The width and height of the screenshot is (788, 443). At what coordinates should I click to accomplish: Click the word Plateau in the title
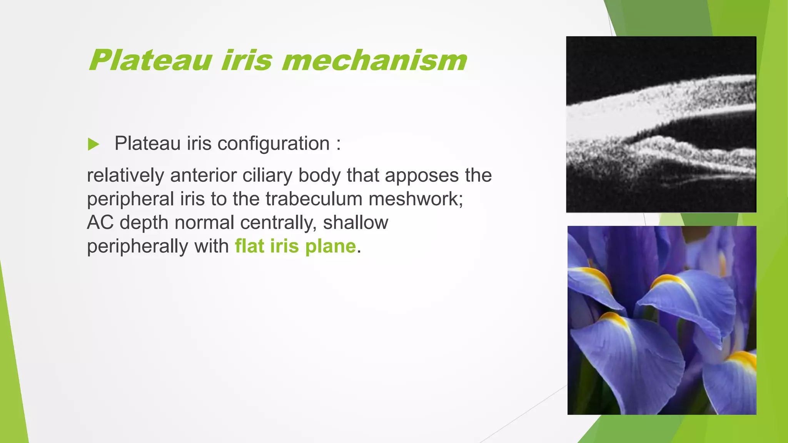click(150, 60)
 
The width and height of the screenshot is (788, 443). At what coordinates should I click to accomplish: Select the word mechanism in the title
click(374, 60)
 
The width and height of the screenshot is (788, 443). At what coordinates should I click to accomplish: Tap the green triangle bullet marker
click(93, 144)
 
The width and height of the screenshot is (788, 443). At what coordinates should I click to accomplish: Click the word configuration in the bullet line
click(273, 143)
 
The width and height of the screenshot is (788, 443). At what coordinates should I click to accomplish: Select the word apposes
click(422, 175)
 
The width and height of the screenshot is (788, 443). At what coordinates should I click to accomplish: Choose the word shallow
click(356, 223)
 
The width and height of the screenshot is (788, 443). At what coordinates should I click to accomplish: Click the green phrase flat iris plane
click(295, 246)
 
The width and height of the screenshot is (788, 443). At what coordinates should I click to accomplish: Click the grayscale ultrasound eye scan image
click(661, 124)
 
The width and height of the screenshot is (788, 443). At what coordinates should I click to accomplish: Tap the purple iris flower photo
click(662, 320)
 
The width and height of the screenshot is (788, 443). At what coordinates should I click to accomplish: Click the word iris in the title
click(247, 60)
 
